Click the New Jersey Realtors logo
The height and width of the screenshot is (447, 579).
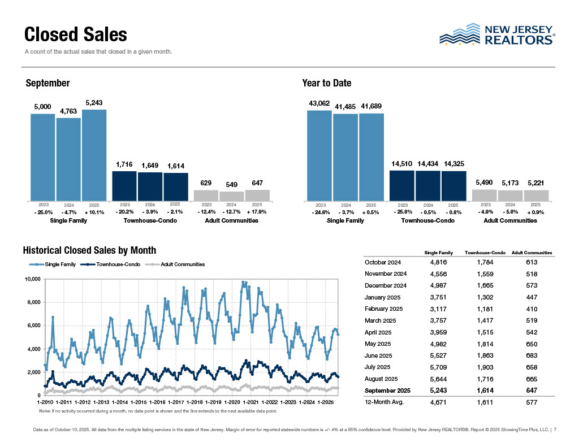click(497, 34)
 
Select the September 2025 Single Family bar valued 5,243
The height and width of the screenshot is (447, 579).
click(94, 155)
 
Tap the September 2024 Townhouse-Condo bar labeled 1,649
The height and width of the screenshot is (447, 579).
click(150, 186)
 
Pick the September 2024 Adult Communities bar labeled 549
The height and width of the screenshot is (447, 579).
click(232, 196)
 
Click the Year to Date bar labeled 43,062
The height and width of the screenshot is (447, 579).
click(319, 155)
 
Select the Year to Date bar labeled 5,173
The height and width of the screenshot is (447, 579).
click(510, 195)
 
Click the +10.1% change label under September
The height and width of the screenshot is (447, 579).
click(94, 212)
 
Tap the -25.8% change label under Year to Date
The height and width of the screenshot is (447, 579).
click(402, 212)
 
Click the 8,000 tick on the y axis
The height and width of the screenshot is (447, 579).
click(33, 302)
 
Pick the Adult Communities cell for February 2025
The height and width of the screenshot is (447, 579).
click(531, 309)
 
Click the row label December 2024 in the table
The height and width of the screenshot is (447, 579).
click(386, 285)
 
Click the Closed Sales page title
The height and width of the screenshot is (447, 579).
click(76, 34)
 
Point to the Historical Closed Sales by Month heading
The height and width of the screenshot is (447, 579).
click(89, 250)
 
